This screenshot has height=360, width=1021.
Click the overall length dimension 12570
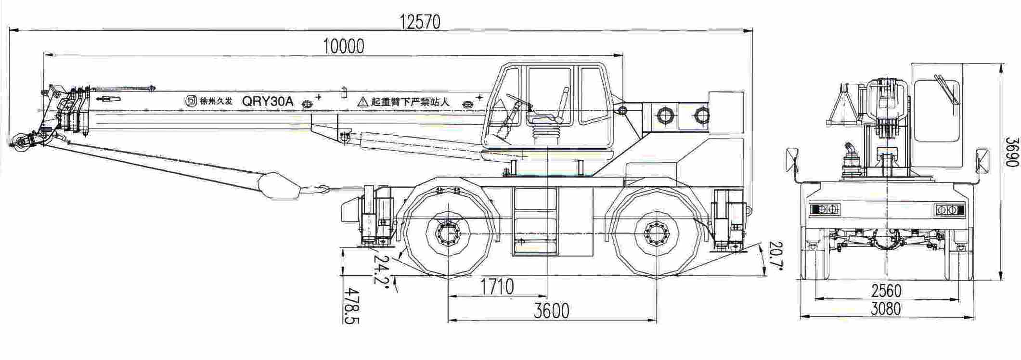[420, 22]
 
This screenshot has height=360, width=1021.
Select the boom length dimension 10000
[344, 46]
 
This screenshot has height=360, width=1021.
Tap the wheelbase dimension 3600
[552, 311]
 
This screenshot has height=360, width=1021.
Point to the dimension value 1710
[497, 287]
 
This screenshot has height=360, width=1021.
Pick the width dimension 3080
[886, 309]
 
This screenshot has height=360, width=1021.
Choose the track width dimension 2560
[886, 291]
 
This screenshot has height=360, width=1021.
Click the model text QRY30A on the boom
[267, 101]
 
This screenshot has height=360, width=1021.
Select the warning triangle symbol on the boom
[362, 102]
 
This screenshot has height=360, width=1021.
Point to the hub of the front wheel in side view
[448, 234]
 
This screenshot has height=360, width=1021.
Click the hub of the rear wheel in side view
[656, 234]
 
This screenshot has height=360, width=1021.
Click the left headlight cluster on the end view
[825, 209]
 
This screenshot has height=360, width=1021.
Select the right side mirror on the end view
[982, 160]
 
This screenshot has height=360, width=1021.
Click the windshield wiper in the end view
[946, 89]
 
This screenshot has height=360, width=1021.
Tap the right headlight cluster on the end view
[949, 210]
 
